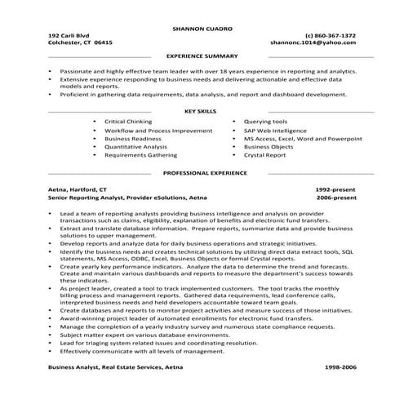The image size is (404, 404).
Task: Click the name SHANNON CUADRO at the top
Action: click(x=202, y=28)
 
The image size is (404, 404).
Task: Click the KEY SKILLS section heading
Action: click(x=202, y=110)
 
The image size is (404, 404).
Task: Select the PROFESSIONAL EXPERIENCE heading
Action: click(x=204, y=173)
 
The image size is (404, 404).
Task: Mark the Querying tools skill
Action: click(x=265, y=121)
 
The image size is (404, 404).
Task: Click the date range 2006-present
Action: click(x=336, y=197)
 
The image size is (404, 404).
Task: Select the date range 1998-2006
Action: click(x=339, y=368)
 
